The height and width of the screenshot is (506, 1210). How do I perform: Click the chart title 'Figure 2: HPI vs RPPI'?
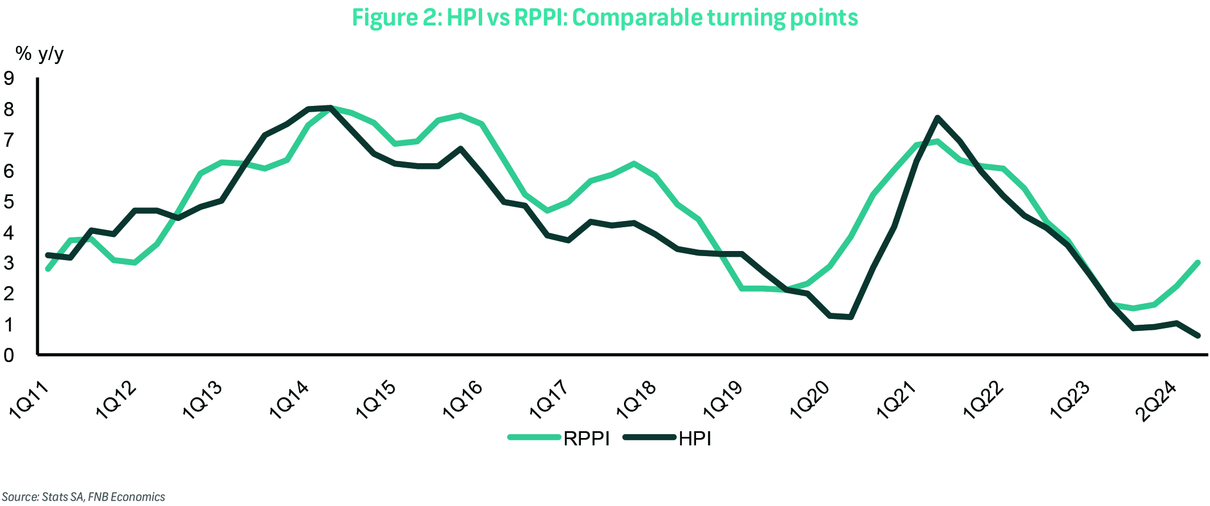click(x=605, y=18)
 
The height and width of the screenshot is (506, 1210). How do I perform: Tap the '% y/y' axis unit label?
click(x=39, y=54)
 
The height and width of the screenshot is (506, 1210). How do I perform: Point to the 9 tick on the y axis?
click(x=9, y=78)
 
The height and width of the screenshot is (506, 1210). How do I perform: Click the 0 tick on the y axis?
click(x=9, y=355)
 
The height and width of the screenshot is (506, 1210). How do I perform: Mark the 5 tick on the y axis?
click(x=9, y=202)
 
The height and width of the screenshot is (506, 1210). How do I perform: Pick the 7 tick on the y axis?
click(x=9, y=140)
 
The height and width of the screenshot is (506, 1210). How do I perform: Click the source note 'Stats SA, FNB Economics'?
click(x=84, y=497)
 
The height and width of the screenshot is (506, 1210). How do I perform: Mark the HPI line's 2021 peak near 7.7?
click(x=938, y=118)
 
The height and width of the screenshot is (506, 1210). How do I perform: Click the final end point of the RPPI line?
click(x=1198, y=262)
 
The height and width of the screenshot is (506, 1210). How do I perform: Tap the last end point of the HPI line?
click(x=1198, y=335)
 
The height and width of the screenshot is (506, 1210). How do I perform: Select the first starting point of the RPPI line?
click(x=48, y=269)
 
